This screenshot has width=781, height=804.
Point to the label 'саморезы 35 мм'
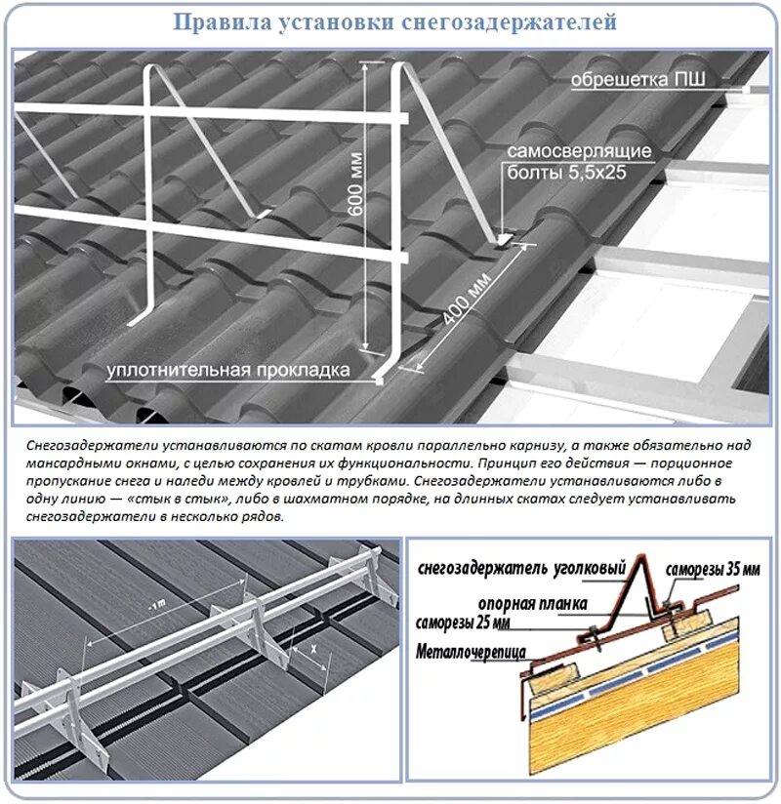712,570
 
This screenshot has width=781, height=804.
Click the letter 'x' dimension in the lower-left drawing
311,648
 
